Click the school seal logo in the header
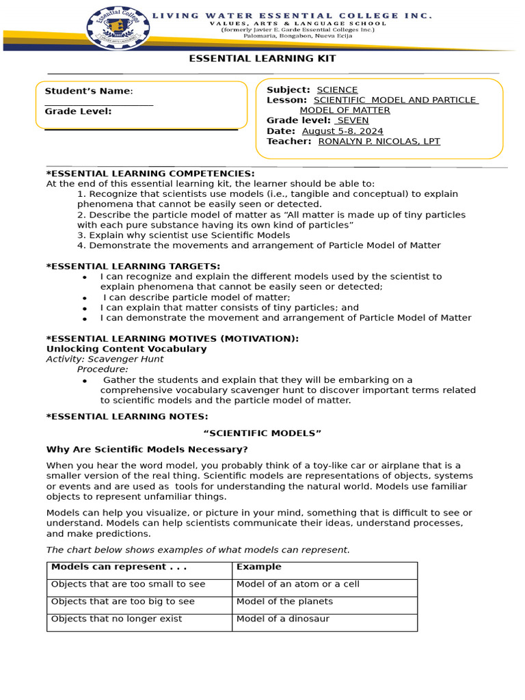[x=115, y=26]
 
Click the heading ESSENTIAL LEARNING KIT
[x=262, y=59]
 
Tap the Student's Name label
[x=88, y=92]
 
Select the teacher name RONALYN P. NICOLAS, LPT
[x=379, y=142]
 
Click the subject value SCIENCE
[x=337, y=90]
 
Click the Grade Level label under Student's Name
[x=78, y=111]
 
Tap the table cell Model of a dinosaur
[x=283, y=619]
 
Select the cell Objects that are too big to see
[x=123, y=602]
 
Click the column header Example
[x=258, y=567]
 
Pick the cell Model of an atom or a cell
[x=297, y=584]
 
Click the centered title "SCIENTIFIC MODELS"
[x=262, y=433]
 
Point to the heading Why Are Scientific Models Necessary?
[x=147, y=449]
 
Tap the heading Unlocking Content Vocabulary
[x=126, y=349]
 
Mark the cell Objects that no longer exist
[x=117, y=619]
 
